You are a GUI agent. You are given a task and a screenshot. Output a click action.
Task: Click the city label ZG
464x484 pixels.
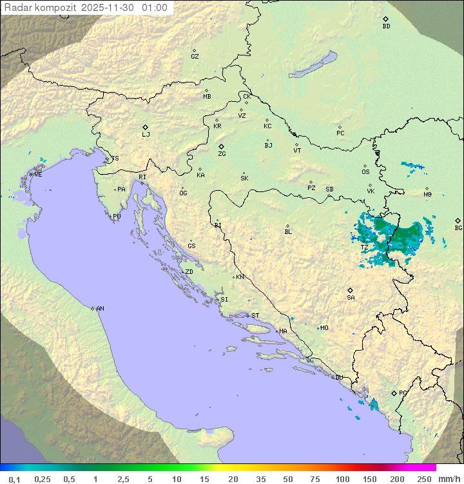coord(222,154)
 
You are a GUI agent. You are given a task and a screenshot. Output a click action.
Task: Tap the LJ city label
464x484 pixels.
coord(146,135)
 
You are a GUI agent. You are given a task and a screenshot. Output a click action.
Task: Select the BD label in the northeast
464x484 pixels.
coord(386,26)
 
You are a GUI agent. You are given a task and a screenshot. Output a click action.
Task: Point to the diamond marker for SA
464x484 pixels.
coord(351,290)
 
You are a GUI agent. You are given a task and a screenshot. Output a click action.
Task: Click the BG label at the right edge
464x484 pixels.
coord(458,227)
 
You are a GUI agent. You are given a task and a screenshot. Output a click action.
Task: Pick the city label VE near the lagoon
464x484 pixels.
coord(38,175)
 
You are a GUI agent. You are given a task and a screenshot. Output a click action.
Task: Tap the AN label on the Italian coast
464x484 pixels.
coord(100,309)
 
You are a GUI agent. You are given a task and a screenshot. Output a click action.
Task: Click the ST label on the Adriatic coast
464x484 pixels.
coord(255,316)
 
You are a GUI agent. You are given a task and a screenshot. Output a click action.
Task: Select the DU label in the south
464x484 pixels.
coord(338,378)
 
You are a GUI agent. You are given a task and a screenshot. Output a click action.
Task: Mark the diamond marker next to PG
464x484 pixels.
coord(394,392)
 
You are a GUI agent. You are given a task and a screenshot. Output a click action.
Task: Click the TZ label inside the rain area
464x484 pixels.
coord(364,247)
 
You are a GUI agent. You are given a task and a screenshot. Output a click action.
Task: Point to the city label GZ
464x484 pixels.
coord(195,57)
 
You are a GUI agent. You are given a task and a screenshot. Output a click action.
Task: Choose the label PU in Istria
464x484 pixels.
coord(117,217)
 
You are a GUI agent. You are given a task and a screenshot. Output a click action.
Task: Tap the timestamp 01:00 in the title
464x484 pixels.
coord(155,8)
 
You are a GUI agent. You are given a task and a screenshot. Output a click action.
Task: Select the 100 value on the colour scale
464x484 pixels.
coord(342,479)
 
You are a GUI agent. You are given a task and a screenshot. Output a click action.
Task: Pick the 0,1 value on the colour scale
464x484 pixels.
coord(14,479)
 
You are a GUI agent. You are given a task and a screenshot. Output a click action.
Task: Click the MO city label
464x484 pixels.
coord(324,328)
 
